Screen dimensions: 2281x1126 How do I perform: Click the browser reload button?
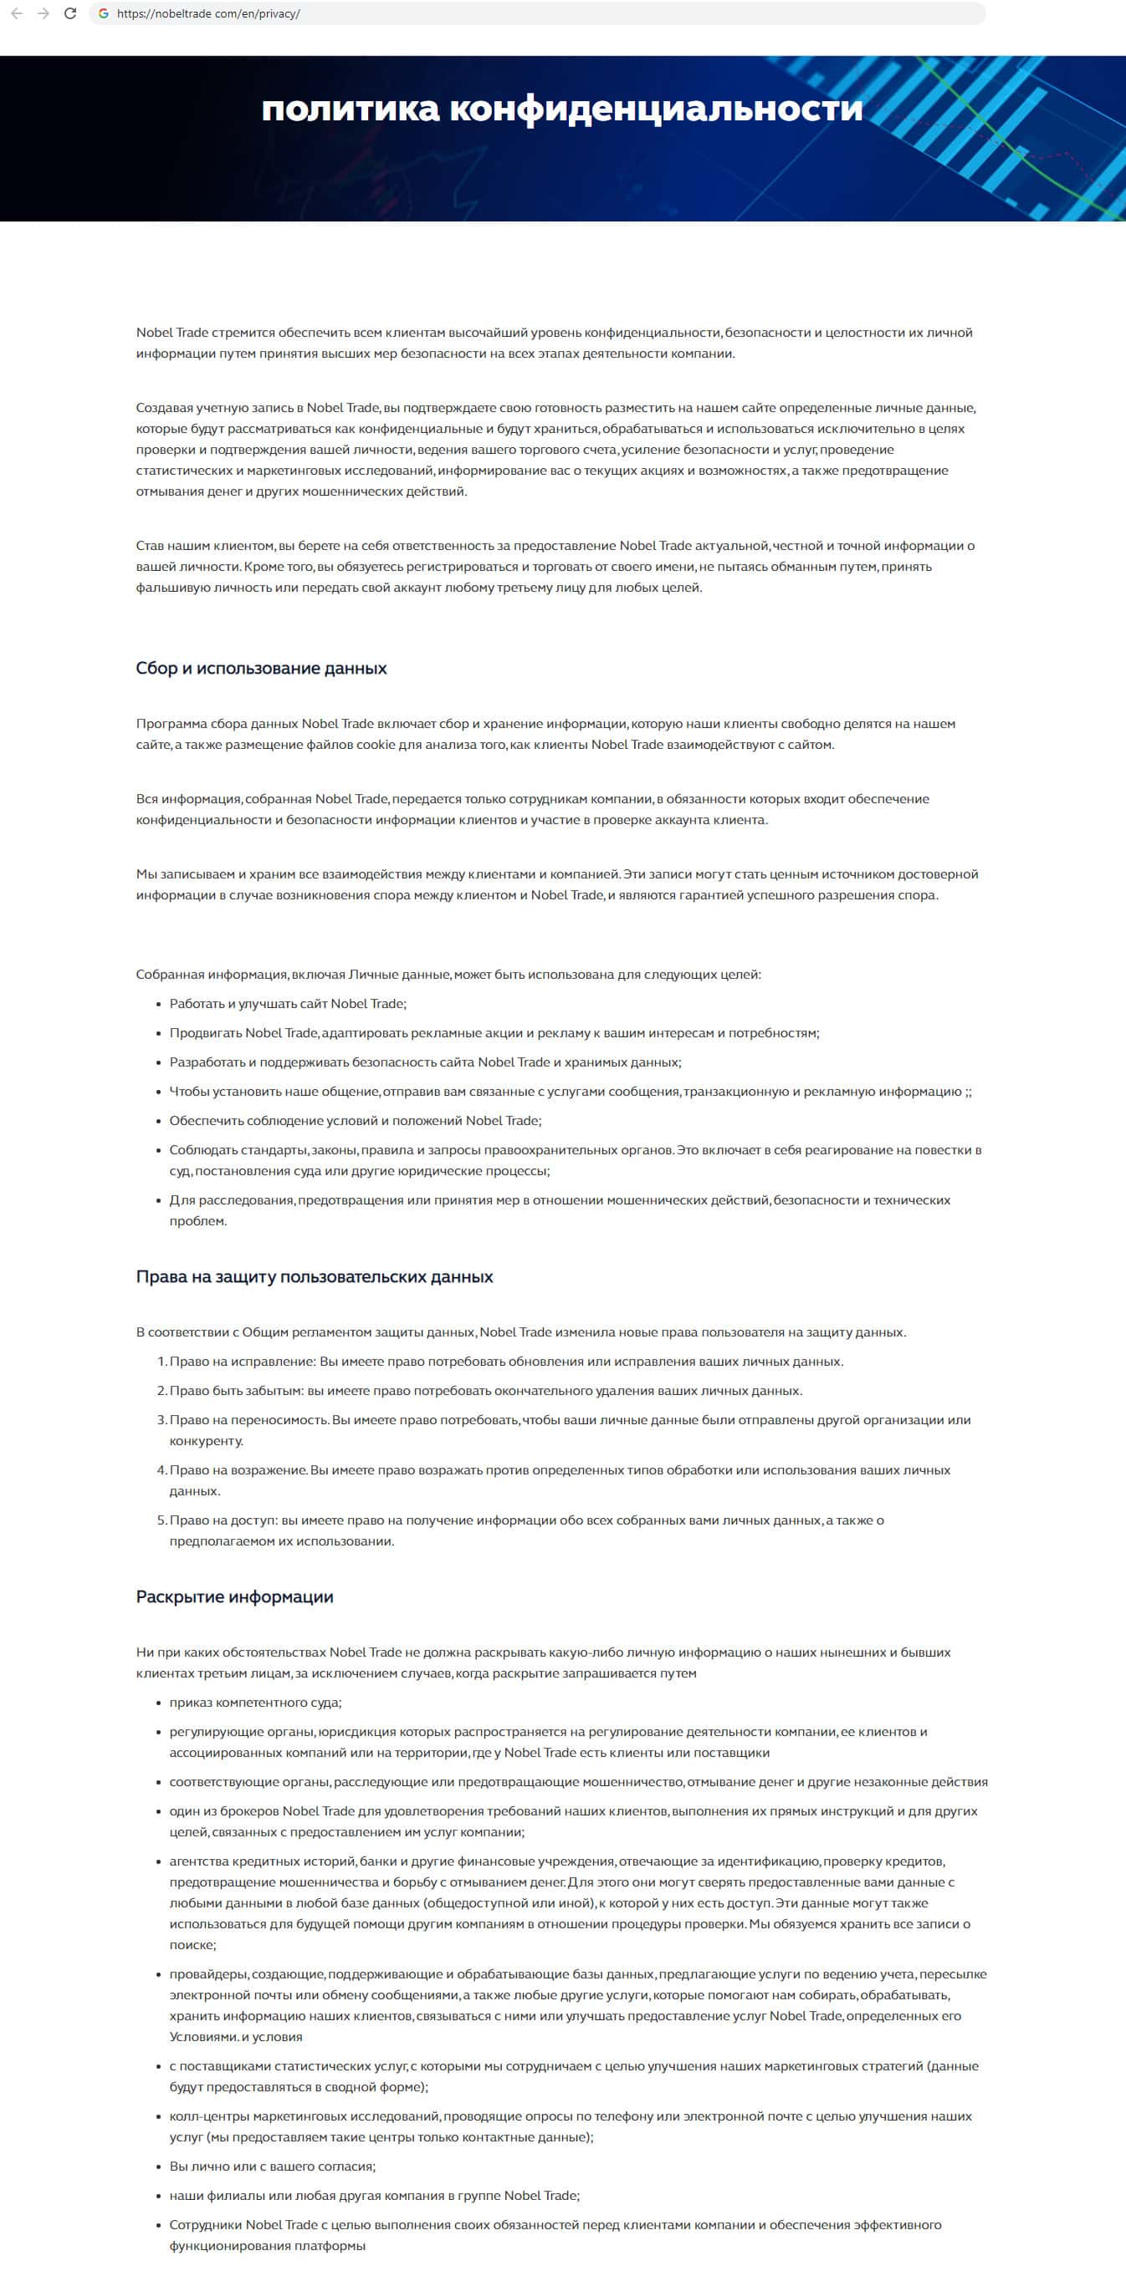coord(70,14)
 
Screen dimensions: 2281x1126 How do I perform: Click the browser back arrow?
coord(17,14)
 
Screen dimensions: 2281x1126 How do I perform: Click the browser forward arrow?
coord(43,14)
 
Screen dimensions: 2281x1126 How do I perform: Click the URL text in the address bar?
coord(208,14)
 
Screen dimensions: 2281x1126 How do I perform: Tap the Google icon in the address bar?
coord(104,14)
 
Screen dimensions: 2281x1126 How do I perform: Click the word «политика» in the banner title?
coord(350,109)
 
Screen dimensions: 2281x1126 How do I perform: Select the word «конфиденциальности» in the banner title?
coord(656,109)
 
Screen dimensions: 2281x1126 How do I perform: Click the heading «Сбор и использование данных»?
coord(261,669)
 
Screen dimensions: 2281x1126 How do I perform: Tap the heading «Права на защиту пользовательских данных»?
coord(315,1277)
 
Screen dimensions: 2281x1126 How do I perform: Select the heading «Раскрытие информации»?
coord(235,1596)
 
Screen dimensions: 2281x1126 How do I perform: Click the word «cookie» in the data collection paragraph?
coord(376,745)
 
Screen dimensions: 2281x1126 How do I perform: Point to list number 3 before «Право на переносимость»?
coord(161,1420)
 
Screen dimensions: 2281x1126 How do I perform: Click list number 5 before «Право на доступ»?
coord(161,1520)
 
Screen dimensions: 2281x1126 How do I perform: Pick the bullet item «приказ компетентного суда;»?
coord(255,1703)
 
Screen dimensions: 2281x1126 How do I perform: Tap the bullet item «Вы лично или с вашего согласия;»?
coord(272,2166)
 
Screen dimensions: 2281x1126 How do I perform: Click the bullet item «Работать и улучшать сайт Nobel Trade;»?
coord(288,1004)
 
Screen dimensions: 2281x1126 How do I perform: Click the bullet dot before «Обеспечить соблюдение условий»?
coord(160,1121)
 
